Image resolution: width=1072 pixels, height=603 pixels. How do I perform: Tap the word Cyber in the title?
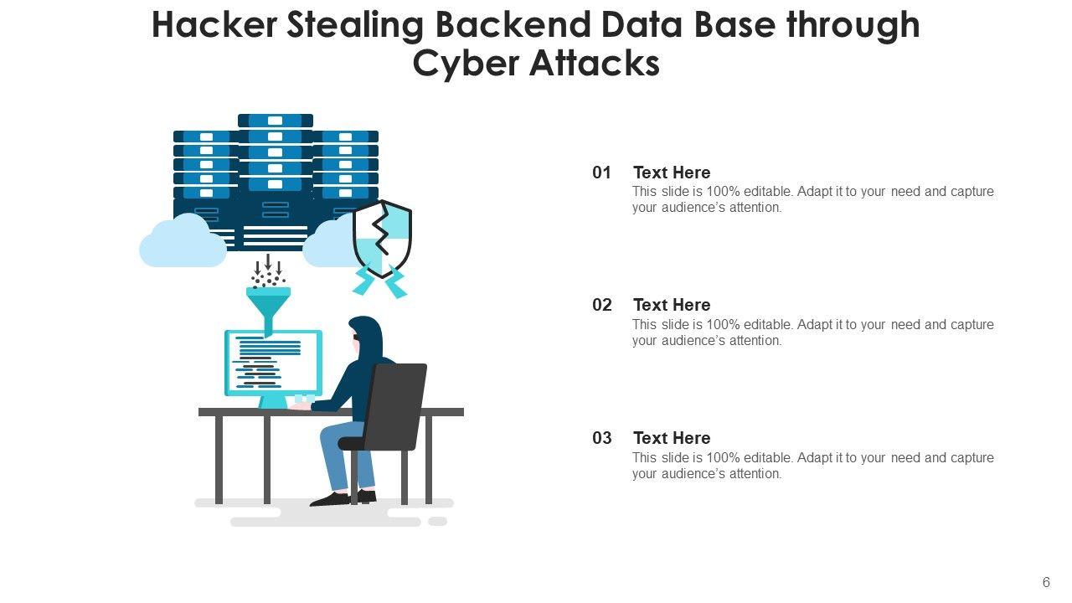pyautogui.click(x=465, y=64)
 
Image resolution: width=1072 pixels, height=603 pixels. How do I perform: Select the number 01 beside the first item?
pyautogui.click(x=602, y=173)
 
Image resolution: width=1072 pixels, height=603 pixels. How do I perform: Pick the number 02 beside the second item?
pyautogui.click(x=602, y=305)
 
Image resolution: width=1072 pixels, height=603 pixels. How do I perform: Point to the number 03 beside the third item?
pyautogui.click(x=602, y=438)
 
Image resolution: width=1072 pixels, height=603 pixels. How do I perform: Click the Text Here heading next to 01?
pyautogui.click(x=672, y=173)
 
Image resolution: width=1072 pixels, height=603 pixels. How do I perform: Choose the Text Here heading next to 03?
pyautogui.click(x=672, y=438)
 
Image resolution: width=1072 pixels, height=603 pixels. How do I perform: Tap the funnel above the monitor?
pyautogui.click(x=268, y=306)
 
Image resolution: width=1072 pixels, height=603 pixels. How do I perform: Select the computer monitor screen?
pyautogui.click(x=273, y=363)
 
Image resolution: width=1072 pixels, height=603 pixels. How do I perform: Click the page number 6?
pyautogui.click(x=1046, y=583)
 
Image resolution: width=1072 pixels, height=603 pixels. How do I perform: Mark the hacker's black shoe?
pyautogui.click(x=332, y=499)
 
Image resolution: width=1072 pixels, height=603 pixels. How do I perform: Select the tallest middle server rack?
pyautogui.click(x=275, y=180)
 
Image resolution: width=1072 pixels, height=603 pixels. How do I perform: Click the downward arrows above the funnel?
pyautogui.click(x=268, y=264)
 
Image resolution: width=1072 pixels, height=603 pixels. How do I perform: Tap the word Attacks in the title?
pyautogui.click(x=595, y=64)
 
